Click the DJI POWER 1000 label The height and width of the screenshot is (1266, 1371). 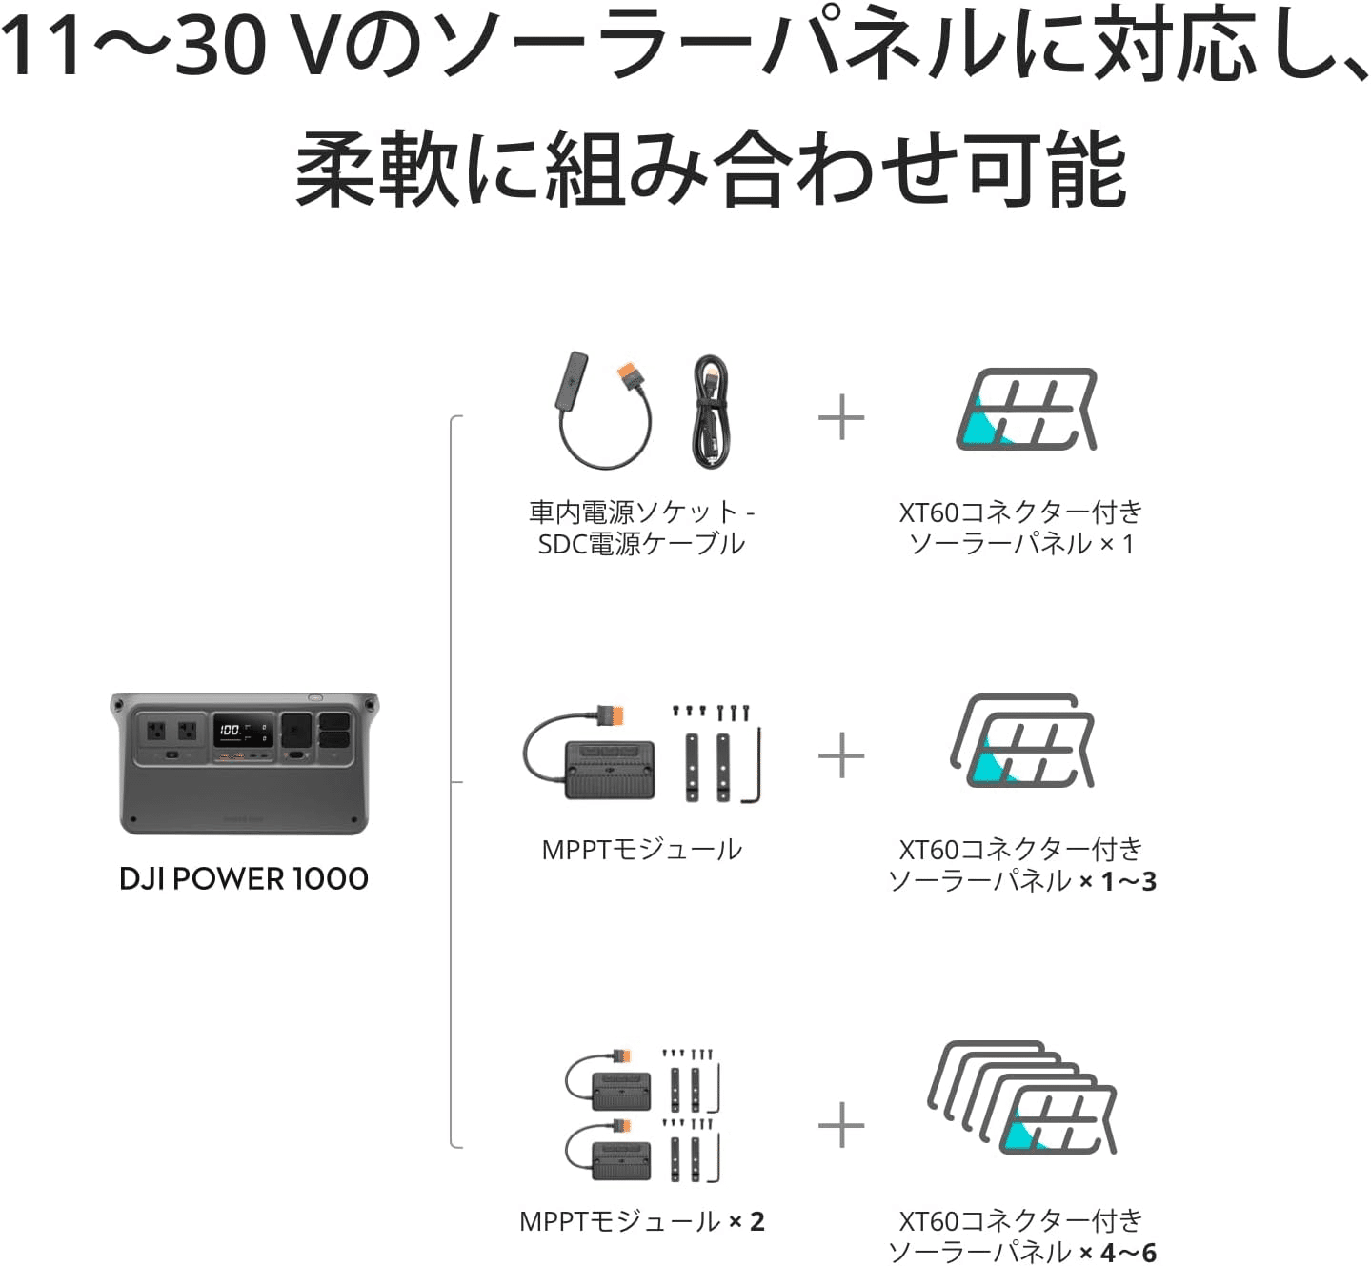pyautogui.click(x=244, y=878)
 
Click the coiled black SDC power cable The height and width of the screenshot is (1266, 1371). pyautogui.click(x=711, y=412)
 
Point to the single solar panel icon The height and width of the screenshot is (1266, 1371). pyautogui.click(x=1026, y=411)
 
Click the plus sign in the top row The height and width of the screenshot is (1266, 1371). pyautogui.click(x=841, y=418)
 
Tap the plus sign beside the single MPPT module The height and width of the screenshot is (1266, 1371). pyautogui.click(x=841, y=756)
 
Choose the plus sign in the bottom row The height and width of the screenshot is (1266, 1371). pyautogui.click(x=841, y=1126)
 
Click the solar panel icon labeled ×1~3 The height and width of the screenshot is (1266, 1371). pyautogui.click(x=1023, y=742)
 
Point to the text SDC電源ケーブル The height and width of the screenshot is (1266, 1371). pyautogui.click(x=641, y=544)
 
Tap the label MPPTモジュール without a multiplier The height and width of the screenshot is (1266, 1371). pyautogui.click(x=641, y=850)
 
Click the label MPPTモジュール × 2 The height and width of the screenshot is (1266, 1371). pyautogui.click(x=641, y=1221)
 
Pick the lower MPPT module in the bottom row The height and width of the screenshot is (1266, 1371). pyautogui.click(x=621, y=1159)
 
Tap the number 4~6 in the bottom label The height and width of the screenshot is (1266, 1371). pyautogui.click(x=1128, y=1252)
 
